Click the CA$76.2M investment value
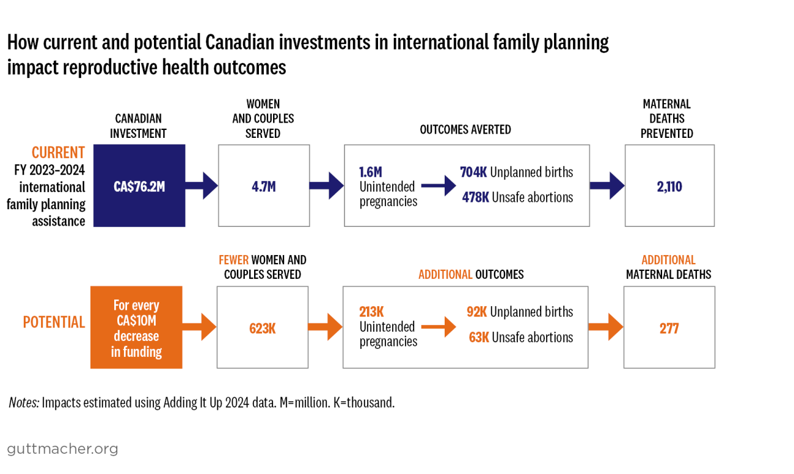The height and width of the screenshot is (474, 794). (139, 187)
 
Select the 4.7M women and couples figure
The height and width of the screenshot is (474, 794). (264, 187)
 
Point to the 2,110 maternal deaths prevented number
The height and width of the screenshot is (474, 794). (669, 187)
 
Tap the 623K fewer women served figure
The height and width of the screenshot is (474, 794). (263, 328)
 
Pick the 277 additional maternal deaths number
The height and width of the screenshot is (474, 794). (669, 328)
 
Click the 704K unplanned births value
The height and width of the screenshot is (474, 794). (473, 172)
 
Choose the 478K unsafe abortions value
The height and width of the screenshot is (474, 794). (475, 197)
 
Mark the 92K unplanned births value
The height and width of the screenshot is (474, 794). (476, 312)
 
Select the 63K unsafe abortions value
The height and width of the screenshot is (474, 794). (479, 337)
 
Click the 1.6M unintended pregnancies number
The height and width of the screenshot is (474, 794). (371, 172)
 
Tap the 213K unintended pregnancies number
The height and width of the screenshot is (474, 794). (371, 312)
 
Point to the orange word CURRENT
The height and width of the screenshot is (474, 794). (59, 153)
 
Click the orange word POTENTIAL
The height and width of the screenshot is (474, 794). (54, 322)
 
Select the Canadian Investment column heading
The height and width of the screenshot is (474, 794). (138, 126)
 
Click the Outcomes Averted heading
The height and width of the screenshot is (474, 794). (465, 129)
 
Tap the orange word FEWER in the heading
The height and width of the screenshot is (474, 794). (233, 260)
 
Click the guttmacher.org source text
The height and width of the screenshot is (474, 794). (62, 450)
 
